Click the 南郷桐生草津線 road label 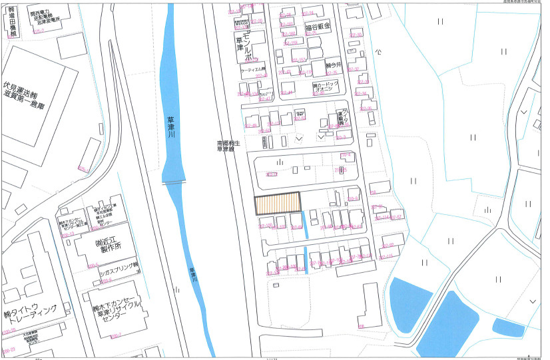tap(226, 146)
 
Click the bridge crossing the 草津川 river tap(175, 182)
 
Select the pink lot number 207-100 tap(265, 226)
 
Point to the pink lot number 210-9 tap(354, 198)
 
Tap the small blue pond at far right tap(508, 327)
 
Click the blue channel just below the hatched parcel tap(305, 225)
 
